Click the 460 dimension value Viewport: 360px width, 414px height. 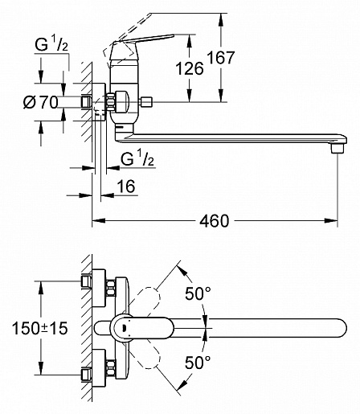[x=215, y=221]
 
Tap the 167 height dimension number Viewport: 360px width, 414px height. [x=221, y=57]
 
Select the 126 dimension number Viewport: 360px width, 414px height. [x=190, y=68]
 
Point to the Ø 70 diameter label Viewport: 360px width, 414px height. [x=41, y=102]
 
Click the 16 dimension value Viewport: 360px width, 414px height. [x=126, y=187]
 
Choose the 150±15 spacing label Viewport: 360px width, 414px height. [x=40, y=329]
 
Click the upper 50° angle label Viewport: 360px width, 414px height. [x=198, y=293]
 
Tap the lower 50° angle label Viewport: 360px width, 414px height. [x=198, y=363]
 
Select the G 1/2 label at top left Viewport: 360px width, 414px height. [x=51, y=44]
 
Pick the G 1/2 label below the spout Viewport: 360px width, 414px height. [x=137, y=158]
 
